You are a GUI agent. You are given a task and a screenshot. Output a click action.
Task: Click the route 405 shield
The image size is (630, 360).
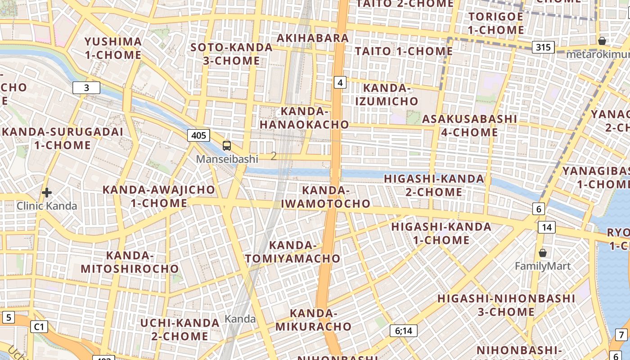(x=198, y=135)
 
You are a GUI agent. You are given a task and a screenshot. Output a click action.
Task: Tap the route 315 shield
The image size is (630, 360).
(x=543, y=47)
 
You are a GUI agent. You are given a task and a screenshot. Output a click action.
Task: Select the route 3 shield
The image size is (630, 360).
(x=86, y=88)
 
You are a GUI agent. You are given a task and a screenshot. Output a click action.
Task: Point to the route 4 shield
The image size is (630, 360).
(x=340, y=82)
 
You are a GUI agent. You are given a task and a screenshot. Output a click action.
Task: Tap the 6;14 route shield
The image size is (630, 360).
(x=404, y=331)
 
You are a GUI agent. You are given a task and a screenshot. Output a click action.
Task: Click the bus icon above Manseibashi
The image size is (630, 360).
(x=227, y=146)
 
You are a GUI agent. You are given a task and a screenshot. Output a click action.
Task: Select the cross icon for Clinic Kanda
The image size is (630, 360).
(x=46, y=193)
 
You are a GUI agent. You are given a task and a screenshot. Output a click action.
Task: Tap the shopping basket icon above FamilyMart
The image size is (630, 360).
(x=543, y=253)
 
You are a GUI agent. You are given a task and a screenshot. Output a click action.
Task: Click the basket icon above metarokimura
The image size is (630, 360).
(x=602, y=41)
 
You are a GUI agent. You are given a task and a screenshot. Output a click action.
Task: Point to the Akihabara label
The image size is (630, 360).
(x=313, y=38)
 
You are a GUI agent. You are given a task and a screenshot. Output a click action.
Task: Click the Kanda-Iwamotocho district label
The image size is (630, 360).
(x=326, y=197)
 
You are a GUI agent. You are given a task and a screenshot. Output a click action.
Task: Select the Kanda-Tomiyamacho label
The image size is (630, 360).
(x=293, y=252)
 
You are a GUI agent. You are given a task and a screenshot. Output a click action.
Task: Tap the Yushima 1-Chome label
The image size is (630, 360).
(x=113, y=49)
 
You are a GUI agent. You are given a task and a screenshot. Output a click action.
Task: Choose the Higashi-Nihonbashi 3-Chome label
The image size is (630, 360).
(x=506, y=305)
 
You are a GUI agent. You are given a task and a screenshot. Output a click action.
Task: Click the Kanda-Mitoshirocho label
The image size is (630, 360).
(x=130, y=262)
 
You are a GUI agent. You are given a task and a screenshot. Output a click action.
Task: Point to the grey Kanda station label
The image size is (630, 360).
(x=240, y=319)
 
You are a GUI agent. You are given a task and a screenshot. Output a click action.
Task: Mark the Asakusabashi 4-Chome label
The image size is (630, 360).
(x=469, y=126)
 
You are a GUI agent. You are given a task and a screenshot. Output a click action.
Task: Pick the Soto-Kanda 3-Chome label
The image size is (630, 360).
(x=231, y=54)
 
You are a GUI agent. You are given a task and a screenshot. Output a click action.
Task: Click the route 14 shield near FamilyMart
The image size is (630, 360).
(x=546, y=227)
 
